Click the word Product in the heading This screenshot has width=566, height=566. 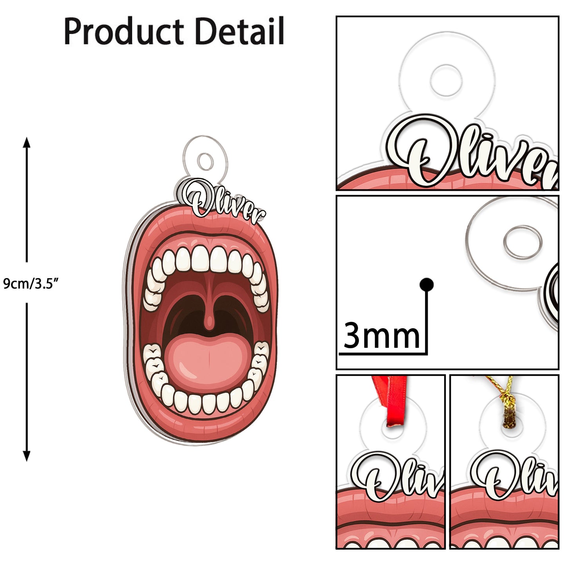tap(124, 31)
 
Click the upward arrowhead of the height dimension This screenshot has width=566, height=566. tap(27, 142)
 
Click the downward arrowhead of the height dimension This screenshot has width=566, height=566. tap(27, 456)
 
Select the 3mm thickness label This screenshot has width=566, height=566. tap(381, 336)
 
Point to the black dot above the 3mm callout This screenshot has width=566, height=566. tap(426, 284)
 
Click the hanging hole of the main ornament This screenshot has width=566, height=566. tap(205, 161)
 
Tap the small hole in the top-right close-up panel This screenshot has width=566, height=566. tap(446, 80)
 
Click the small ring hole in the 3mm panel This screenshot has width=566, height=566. tap(523, 241)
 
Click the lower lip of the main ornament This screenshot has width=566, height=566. tap(204, 425)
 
